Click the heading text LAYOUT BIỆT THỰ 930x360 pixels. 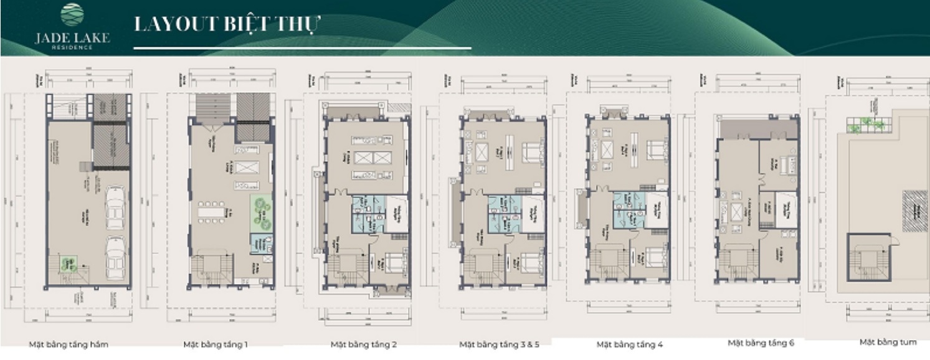tap(227, 25)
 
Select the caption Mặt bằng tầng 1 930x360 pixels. tap(216, 344)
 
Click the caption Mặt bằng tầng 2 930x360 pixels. tap(363, 344)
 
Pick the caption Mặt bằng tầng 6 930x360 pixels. tap(761, 343)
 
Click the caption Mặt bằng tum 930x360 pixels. tap(888, 342)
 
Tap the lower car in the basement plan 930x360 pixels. tap(115, 258)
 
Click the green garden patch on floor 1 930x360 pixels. tap(261, 212)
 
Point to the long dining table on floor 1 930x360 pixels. tap(212, 212)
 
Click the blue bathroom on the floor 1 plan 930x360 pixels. tap(261, 245)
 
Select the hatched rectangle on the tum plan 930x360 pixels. tap(914, 211)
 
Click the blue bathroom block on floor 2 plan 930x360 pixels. tap(368, 214)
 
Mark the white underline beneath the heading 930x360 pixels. tap(303, 48)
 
